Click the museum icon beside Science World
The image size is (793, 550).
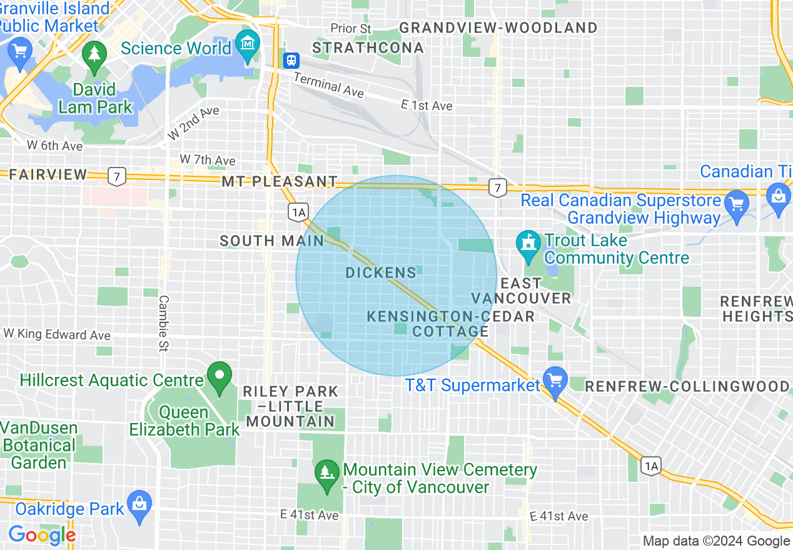[249, 45]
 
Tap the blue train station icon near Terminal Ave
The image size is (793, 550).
[291, 61]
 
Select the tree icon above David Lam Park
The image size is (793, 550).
[94, 54]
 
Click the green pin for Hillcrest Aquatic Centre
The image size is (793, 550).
[220, 377]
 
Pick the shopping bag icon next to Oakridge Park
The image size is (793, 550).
[139, 504]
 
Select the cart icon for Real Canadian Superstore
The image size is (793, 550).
[737, 204]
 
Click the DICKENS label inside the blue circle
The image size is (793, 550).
[381, 272]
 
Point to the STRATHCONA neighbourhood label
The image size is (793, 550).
[368, 47]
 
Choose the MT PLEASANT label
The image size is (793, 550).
[280, 182]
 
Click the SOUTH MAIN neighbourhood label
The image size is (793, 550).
[272, 241]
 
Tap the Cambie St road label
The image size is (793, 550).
[163, 323]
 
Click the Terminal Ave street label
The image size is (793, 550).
[328, 84]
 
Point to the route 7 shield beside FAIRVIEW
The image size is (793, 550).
[116, 176]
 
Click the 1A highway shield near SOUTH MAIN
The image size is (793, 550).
[298, 212]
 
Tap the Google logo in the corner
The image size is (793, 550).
[42, 535]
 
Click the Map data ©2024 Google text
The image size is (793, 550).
[716, 541]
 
